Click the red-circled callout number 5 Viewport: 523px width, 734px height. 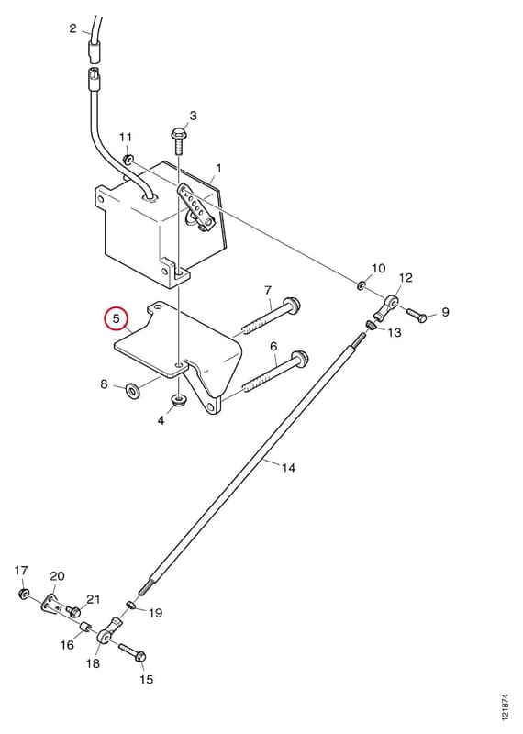[117, 319]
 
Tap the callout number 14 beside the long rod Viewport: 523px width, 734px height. [289, 467]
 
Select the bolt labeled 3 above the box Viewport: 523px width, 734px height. [178, 141]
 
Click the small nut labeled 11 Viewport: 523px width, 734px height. [128, 160]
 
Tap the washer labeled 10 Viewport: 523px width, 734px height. [361, 284]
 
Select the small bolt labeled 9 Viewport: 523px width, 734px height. [417, 315]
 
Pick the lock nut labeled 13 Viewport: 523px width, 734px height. [371, 325]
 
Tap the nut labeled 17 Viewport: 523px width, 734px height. [22, 595]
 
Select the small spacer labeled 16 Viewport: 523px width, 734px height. [83, 628]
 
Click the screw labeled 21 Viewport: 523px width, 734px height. [73, 610]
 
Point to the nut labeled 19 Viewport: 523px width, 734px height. [132, 606]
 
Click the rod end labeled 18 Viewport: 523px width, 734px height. [109, 631]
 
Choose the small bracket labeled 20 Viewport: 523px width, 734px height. [51, 606]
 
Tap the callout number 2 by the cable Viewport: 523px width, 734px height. [72, 28]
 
